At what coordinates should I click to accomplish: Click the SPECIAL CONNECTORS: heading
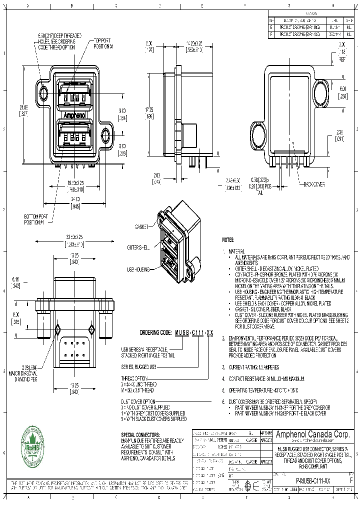(140, 434)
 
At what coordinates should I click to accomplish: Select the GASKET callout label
(141, 227)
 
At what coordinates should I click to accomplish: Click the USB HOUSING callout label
(138, 269)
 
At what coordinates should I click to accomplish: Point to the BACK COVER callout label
(314, 185)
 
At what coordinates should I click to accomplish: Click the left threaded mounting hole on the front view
(44, 93)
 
